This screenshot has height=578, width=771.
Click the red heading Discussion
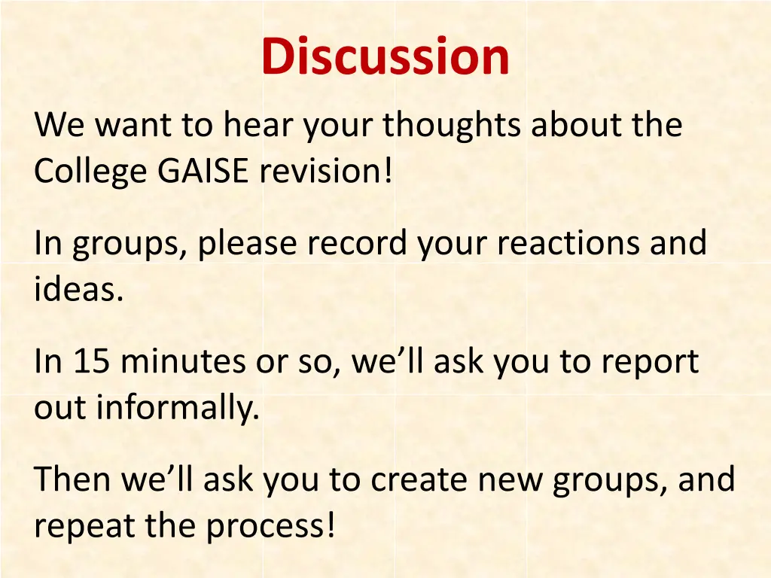[385, 57]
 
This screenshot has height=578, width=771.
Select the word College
[90, 173]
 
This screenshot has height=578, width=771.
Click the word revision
[325, 172]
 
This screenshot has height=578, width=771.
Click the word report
[650, 364]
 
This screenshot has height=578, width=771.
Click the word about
[577, 125]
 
